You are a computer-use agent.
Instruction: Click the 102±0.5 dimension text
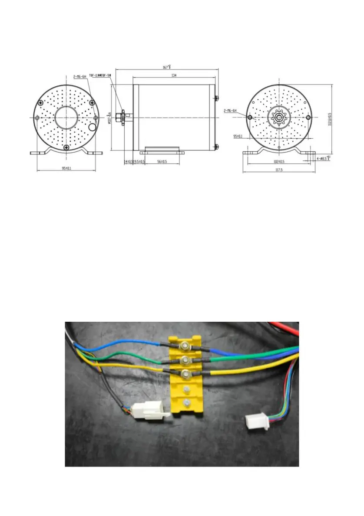279,161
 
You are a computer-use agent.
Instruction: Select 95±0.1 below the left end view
65,168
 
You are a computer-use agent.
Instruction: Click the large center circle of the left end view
66,117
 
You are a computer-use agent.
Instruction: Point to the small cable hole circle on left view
93,127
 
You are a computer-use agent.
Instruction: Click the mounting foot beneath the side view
162,151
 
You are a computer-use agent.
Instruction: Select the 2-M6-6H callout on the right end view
230,111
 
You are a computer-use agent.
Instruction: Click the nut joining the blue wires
186,345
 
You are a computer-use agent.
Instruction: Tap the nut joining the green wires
186,359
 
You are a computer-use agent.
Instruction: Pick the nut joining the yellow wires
186,373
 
